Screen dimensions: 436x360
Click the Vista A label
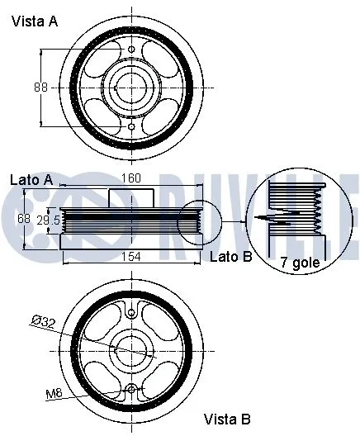34,22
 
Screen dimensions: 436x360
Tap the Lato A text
32,179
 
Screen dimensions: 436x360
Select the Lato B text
229,257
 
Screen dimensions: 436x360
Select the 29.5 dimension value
50,220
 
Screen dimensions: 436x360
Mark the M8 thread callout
54,392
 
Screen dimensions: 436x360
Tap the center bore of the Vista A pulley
132,88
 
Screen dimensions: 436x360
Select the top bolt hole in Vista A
132,50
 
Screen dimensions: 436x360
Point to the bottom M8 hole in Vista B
132,389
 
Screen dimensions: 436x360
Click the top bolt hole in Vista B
132,312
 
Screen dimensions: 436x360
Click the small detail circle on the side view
198,220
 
